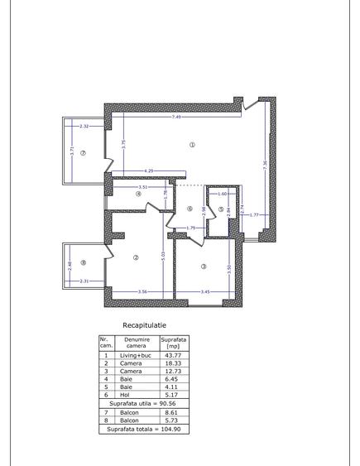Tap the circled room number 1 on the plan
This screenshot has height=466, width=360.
[x=192, y=144]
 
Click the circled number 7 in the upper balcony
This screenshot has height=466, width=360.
[x=83, y=153]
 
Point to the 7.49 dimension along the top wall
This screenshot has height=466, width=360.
[x=177, y=118]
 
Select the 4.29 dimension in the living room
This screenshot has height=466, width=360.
[x=149, y=171]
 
